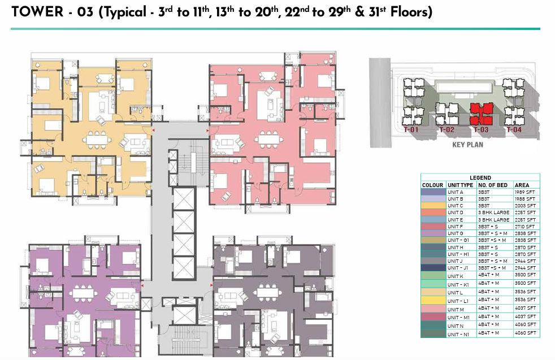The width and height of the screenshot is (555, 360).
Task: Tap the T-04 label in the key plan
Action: [x=514, y=130]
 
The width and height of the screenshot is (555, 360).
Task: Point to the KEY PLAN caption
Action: [x=466, y=145]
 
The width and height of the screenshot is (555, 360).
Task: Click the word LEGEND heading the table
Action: [x=480, y=177]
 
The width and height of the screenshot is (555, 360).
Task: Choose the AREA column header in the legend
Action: [x=522, y=185]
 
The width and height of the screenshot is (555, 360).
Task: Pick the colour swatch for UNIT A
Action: [x=433, y=192]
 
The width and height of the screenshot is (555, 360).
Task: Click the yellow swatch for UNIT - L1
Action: [x=433, y=299]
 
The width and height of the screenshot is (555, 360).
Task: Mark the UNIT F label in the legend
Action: [x=455, y=226]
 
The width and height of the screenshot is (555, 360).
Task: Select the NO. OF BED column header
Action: [x=495, y=185]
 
